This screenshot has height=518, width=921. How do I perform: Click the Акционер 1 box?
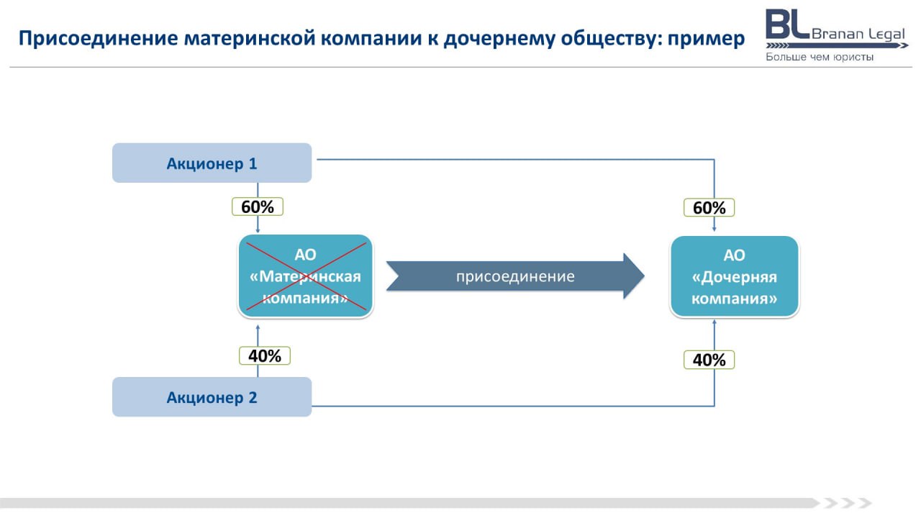point(212,163)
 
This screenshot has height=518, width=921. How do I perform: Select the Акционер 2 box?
point(212,397)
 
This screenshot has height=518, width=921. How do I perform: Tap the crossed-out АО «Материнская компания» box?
point(306,276)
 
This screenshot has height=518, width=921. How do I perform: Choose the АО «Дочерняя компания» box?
point(734,276)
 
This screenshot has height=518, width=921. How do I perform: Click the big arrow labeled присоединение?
point(514,276)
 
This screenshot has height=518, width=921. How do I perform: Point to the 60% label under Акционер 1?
point(258,206)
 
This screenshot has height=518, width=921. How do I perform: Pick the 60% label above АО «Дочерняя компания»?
point(709,208)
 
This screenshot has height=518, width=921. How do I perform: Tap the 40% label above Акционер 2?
point(265,355)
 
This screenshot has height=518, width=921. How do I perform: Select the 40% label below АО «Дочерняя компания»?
point(709,360)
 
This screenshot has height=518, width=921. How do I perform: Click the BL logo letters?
point(787,24)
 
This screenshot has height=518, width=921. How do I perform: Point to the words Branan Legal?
point(858,34)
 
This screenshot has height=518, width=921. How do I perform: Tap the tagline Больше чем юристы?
point(820,57)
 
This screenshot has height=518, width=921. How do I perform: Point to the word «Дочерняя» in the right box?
point(734,277)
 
